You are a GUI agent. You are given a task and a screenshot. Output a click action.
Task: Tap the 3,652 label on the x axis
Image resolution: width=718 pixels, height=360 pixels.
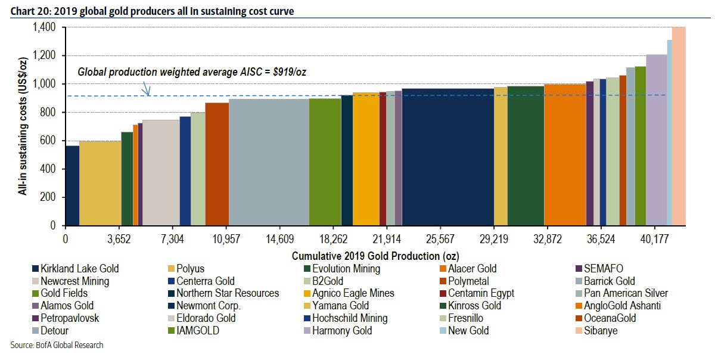click(119, 238)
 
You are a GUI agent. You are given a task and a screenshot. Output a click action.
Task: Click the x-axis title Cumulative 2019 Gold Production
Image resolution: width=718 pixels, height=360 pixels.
click(375, 255)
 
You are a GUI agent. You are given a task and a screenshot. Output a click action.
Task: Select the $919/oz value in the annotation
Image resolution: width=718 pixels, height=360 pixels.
click(290, 72)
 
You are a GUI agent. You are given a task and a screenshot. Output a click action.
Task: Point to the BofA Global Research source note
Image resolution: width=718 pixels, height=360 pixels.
click(57, 345)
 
